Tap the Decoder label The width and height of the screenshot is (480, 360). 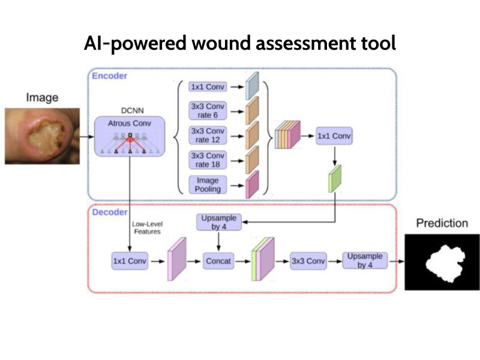tap(109, 212)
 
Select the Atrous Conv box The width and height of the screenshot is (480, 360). tap(130, 137)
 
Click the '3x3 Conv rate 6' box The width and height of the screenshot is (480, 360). tap(208, 110)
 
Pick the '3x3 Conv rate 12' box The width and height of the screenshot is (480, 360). tap(208, 135)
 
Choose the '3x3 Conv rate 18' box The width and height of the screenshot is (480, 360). tap(208, 160)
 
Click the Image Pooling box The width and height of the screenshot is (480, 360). tap(208, 185)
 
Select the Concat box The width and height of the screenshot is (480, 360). tap(218, 261)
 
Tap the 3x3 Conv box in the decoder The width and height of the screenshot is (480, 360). tap(308, 261)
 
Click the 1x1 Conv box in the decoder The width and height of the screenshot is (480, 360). tap(129, 261)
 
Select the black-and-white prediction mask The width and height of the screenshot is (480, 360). tap(442, 262)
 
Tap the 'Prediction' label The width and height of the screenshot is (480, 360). tap(442, 223)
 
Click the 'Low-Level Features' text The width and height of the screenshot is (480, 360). tap(147, 228)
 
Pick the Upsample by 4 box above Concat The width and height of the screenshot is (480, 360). tap(219, 222)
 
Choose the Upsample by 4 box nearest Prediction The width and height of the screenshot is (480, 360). tap(365, 260)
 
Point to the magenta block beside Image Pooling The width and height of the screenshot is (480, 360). tap(252, 185)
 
